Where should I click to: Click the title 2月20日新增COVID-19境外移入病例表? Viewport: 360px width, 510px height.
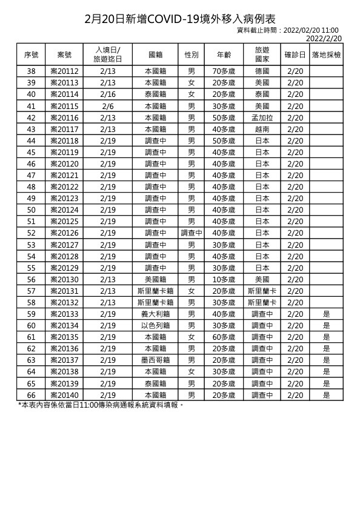(x=179, y=19)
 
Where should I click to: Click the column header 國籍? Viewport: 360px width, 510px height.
(x=155, y=55)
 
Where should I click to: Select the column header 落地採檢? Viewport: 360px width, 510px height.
(x=326, y=55)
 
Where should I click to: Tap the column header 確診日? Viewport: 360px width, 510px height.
(x=295, y=55)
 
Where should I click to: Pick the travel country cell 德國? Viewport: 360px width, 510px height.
(x=262, y=71)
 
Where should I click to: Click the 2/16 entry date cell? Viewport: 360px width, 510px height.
(x=108, y=94)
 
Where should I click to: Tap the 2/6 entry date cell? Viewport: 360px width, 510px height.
(x=108, y=105)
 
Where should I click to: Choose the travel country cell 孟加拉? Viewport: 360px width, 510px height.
(x=262, y=117)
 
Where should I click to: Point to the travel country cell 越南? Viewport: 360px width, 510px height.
(x=262, y=128)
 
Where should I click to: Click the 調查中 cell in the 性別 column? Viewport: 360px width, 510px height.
(x=191, y=233)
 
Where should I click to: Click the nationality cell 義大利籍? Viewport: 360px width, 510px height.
(x=155, y=314)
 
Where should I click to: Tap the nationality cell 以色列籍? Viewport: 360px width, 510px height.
(x=155, y=325)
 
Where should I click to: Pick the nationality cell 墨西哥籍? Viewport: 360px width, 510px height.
(x=155, y=360)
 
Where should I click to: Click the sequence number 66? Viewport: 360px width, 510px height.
(x=32, y=394)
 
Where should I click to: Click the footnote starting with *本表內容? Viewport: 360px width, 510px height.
(x=101, y=404)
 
